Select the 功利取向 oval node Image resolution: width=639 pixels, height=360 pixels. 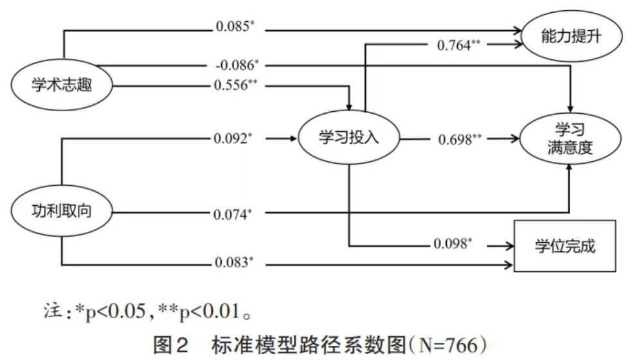coord(62,210)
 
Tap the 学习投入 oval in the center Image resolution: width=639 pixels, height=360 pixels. coord(348,138)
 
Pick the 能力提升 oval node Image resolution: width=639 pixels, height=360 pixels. coord(571,36)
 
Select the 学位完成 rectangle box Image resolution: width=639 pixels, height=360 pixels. coord(565,246)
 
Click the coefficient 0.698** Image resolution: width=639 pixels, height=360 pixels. coord(460,138)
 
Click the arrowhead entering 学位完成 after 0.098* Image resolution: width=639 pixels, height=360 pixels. coord(512,246)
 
